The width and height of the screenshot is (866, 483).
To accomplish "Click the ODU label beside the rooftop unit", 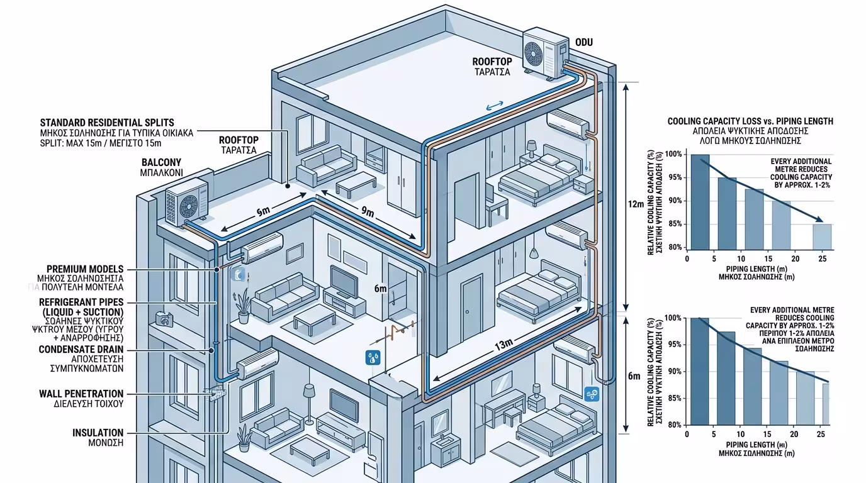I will [x=584, y=43].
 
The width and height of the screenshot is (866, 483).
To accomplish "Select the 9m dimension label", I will [x=368, y=213].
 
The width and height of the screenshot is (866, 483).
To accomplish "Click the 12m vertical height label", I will [x=636, y=204].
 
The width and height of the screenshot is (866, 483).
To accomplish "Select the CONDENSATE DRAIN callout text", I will [x=81, y=349].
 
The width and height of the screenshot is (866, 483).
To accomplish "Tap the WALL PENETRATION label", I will [x=81, y=394].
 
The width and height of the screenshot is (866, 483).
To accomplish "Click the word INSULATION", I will [x=98, y=433].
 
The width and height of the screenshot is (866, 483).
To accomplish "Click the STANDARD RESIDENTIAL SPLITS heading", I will [x=107, y=122].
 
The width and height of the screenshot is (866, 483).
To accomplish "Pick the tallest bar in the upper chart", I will [x=700, y=202].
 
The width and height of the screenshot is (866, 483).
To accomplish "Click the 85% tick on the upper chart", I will [x=674, y=224].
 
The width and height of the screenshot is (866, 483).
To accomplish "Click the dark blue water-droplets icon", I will [x=372, y=358].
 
